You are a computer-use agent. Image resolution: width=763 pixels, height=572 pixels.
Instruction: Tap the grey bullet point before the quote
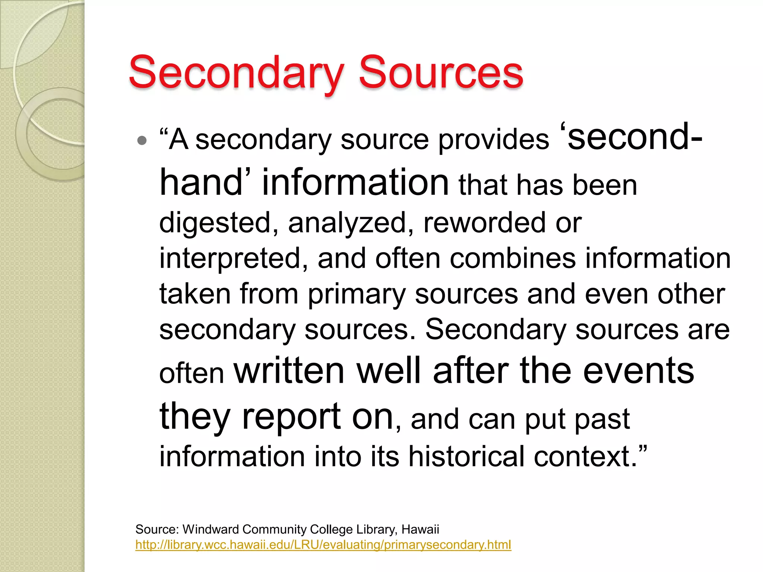click(142, 141)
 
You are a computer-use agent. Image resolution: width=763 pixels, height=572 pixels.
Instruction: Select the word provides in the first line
click(493, 141)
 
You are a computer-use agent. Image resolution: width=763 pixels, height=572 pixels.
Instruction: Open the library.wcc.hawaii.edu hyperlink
click(323, 545)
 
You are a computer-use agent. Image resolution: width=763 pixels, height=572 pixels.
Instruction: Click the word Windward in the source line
click(210, 529)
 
